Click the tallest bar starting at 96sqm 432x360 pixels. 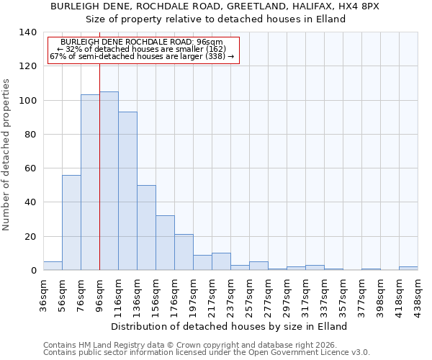click(109, 181)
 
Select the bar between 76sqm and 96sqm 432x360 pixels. click(90, 182)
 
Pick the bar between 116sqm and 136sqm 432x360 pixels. click(127, 191)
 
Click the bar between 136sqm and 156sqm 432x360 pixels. click(146, 228)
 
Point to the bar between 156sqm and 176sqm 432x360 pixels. click(165, 243)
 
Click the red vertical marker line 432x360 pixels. click(99, 166)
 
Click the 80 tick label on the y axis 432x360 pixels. click(31, 135)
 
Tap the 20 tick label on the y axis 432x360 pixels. click(31, 237)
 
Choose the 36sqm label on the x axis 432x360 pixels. click(43, 293)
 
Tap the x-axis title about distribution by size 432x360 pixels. click(230, 326)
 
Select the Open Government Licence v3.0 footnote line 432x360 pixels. click(207, 352)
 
